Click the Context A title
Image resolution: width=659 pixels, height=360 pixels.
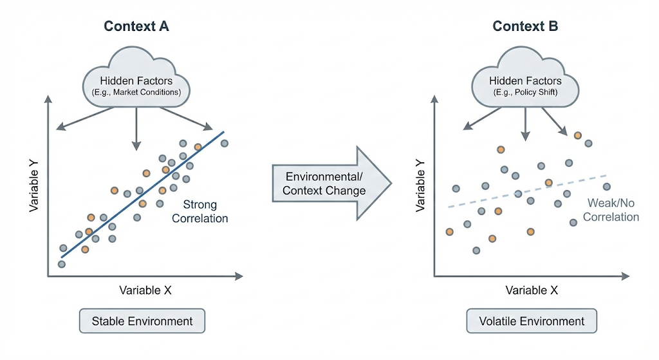pos(136,26)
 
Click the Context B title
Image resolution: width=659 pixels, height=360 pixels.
pos(525,26)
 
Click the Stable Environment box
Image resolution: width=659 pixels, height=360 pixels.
pos(142,321)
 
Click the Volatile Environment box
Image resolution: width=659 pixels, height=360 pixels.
pos(532,321)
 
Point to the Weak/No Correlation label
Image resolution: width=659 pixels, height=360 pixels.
pos(611,210)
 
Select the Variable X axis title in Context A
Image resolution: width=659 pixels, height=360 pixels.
pos(145,290)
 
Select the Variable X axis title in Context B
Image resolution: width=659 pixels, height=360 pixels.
pos(532,290)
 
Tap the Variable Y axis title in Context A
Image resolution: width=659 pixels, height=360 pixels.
pos(33,187)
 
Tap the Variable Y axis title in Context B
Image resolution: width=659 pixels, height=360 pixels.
pos(420,187)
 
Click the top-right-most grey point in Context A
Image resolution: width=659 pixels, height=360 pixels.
pos(225,143)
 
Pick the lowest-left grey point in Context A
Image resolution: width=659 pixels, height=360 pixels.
pos(62,264)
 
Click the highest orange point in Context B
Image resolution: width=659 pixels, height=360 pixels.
pos(578,135)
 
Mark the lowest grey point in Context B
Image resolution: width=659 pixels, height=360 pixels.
pos(476,251)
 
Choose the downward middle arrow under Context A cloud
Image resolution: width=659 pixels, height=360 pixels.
pos(136,129)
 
